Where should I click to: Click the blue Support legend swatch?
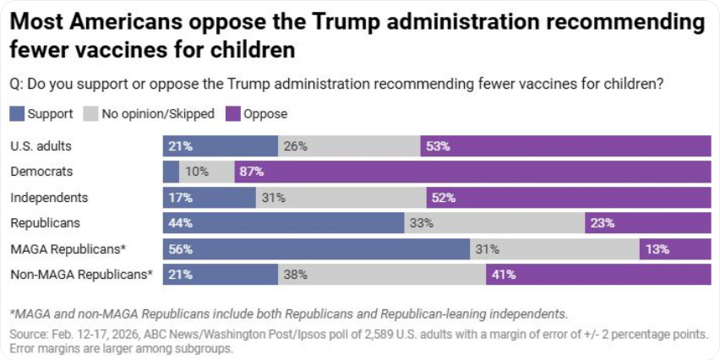point(17,113)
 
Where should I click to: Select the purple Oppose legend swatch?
point(232,113)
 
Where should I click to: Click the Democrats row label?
point(41,172)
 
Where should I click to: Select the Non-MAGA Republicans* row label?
point(81,275)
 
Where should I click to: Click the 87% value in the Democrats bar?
point(252,172)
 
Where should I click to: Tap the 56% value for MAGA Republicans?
point(181,249)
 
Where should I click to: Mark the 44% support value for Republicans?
point(181,223)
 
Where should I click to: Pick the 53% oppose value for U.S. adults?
point(438,146)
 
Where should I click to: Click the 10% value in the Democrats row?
point(197,172)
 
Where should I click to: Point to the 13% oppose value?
point(657,249)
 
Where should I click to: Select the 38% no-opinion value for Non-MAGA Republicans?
point(295,275)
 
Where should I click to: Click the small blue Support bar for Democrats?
point(171,172)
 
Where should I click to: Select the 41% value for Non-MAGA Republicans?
point(503,275)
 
